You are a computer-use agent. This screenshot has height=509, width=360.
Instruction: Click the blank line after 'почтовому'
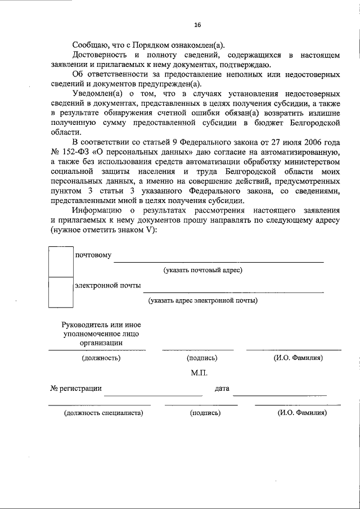click(219, 261)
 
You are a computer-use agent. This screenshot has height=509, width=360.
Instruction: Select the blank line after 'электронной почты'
click(233, 291)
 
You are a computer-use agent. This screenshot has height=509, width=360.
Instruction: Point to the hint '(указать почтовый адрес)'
click(202, 271)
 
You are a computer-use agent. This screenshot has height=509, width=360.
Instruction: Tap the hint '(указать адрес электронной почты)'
click(202, 300)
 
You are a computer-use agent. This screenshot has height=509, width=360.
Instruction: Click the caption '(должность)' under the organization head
click(101, 358)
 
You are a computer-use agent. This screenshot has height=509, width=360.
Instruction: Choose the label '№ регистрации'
click(76, 388)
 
